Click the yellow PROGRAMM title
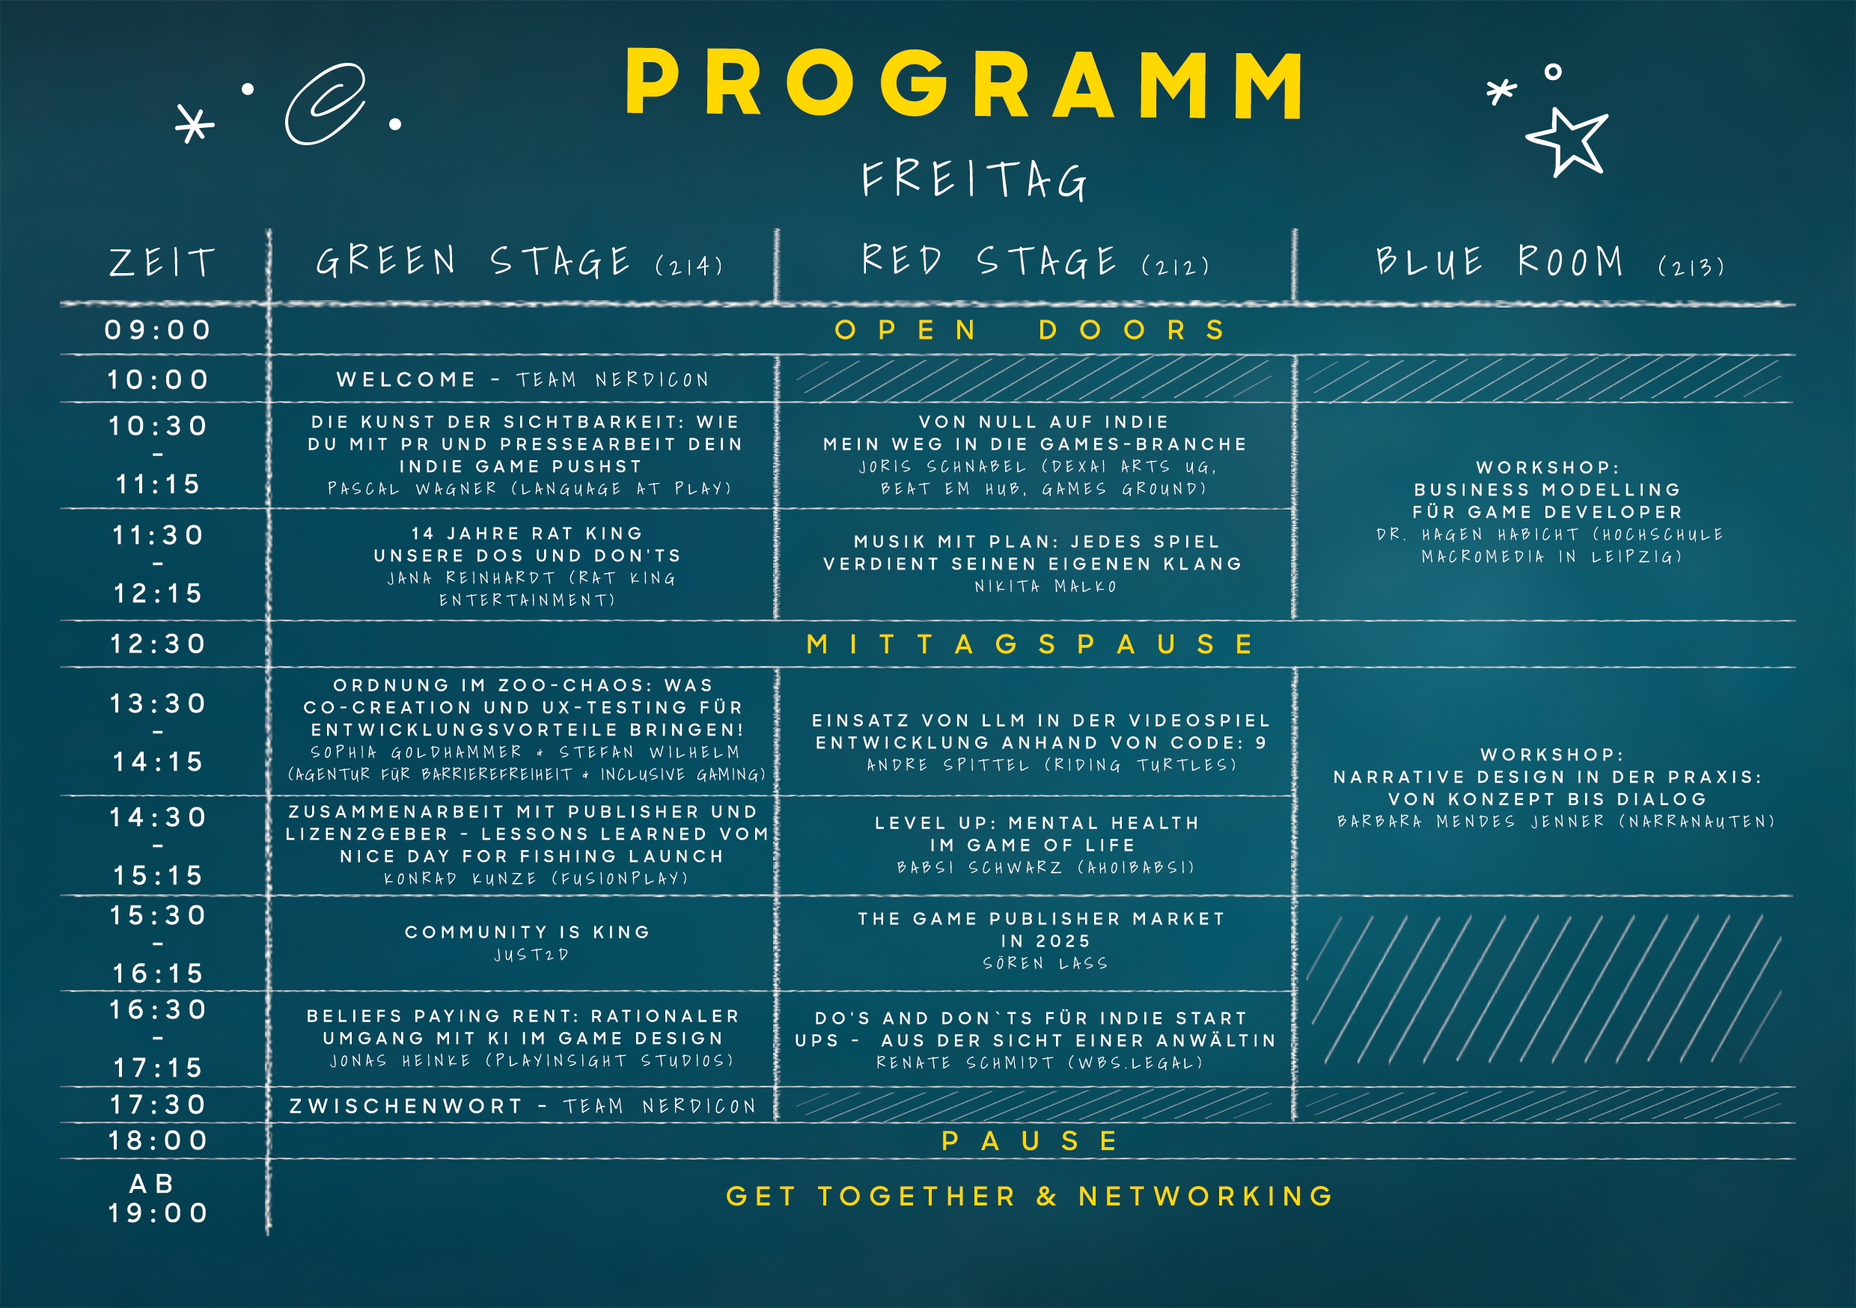point(964,83)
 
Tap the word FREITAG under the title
point(974,180)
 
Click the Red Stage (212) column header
point(1036,261)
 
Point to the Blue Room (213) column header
point(1551,262)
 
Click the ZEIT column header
point(162,263)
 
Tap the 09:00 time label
point(159,330)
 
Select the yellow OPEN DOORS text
point(1030,330)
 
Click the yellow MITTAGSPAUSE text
point(1030,644)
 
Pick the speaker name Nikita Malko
point(1045,586)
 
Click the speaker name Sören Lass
point(1045,963)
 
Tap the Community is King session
point(528,932)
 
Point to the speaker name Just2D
point(531,955)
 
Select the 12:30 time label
point(159,644)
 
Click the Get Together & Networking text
point(1030,1196)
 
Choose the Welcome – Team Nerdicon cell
point(523,379)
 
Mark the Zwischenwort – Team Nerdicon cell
point(523,1106)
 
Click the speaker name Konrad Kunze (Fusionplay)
point(536,878)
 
